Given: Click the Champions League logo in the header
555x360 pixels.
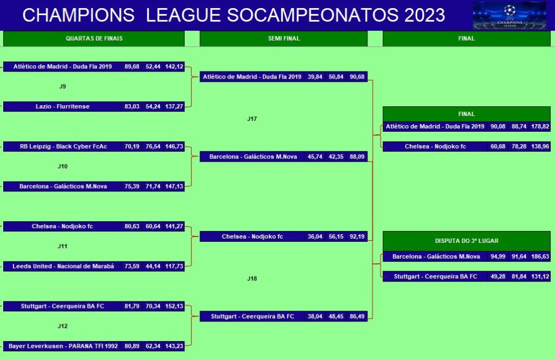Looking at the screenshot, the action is tap(509, 15).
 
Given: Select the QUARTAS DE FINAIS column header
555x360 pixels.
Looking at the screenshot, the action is tap(94, 38).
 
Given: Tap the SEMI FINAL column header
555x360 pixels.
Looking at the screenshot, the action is tap(284, 38).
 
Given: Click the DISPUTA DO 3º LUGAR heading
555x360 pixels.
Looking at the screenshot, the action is tap(467, 241).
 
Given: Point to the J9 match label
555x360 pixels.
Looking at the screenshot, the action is tap(63, 86).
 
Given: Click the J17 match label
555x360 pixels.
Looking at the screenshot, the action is tap(252, 119).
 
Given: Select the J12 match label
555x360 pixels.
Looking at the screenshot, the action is tap(63, 326).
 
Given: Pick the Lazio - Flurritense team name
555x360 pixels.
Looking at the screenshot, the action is tap(63, 107).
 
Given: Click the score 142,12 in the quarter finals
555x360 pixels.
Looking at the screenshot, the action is tap(174, 67).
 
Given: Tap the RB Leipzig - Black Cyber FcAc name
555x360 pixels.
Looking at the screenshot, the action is tap(63, 146).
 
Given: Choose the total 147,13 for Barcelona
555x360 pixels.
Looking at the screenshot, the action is tap(174, 187).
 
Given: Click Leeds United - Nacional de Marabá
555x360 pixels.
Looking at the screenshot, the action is tap(63, 267).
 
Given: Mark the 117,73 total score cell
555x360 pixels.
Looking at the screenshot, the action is tap(174, 267).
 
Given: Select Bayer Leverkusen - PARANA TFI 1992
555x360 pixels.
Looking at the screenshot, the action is tap(63, 346).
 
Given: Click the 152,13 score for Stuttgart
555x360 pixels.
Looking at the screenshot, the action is tap(174, 306).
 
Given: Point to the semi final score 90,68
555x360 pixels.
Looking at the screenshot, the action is tap(357, 77).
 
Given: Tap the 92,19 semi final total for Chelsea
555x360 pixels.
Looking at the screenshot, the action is tap(357, 236).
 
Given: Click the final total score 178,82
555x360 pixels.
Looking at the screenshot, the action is tap(540, 126).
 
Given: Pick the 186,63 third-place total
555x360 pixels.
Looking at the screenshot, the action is tap(540, 256).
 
